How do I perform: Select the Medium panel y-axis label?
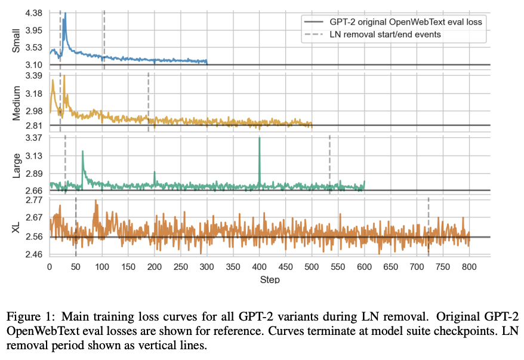pos(17,103)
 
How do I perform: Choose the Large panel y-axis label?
pos(17,164)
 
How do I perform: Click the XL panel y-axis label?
pos(17,227)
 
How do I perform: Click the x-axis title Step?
pos(270,279)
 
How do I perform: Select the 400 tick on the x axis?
pos(260,267)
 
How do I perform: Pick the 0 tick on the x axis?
pos(50,267)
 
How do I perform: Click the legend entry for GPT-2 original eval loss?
pos(406,22)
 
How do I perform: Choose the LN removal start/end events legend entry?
pos(385,34)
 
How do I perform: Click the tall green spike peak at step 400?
pos(260,138)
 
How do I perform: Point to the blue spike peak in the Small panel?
pos(64,14)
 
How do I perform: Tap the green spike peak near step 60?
pos(82,152)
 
